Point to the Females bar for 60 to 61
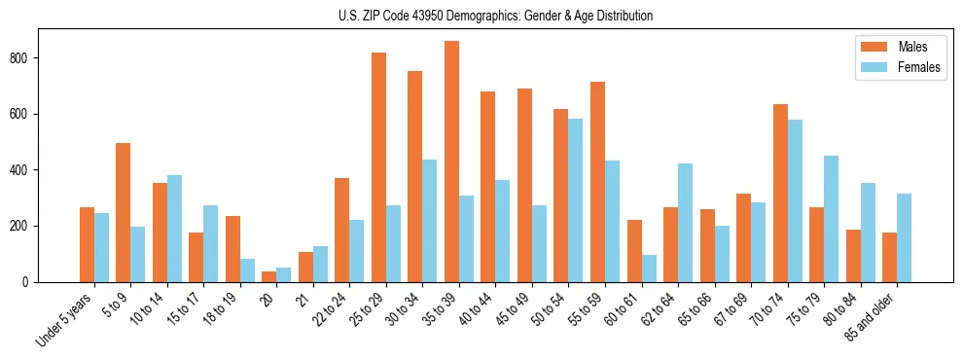pos(649,269)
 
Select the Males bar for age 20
pos(268,276)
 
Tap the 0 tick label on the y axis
pos(31,282)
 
